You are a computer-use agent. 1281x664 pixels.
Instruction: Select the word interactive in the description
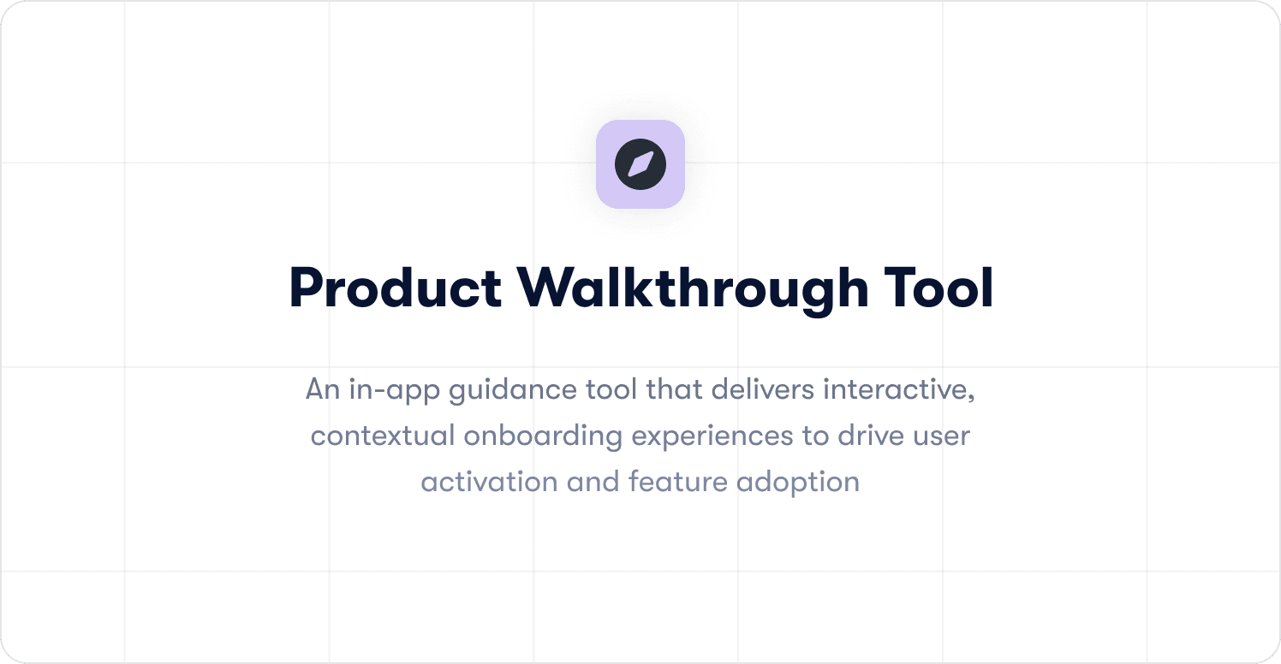pyautogui.click(x=899, y=390)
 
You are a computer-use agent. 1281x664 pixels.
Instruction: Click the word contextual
pyautogui.click(x=383, y=436)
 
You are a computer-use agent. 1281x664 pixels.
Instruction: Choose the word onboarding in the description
pyautogui.click(x=543, y=436)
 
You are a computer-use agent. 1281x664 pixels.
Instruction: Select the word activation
pyautogui.click(x=489, y=482)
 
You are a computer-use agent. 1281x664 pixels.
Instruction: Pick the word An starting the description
pyautogui.click(x=322, y=390)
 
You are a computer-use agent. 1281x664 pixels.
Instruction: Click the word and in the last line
pyautogui.click(x=593, y=482)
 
